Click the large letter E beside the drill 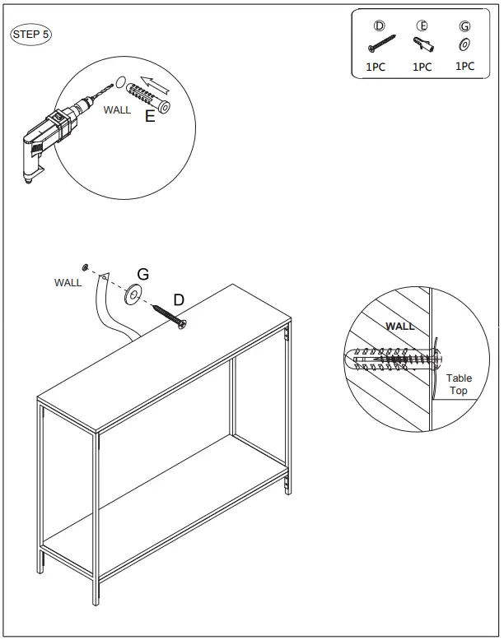point(150,117)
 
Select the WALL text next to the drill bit point(117,109)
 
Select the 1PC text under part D point(375,67)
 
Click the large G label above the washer point(142,274)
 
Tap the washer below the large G point(133,294)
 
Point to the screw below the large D point(170,318)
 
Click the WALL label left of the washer point(68,282)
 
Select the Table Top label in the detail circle point(459,384)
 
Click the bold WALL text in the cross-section point(400,326)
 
